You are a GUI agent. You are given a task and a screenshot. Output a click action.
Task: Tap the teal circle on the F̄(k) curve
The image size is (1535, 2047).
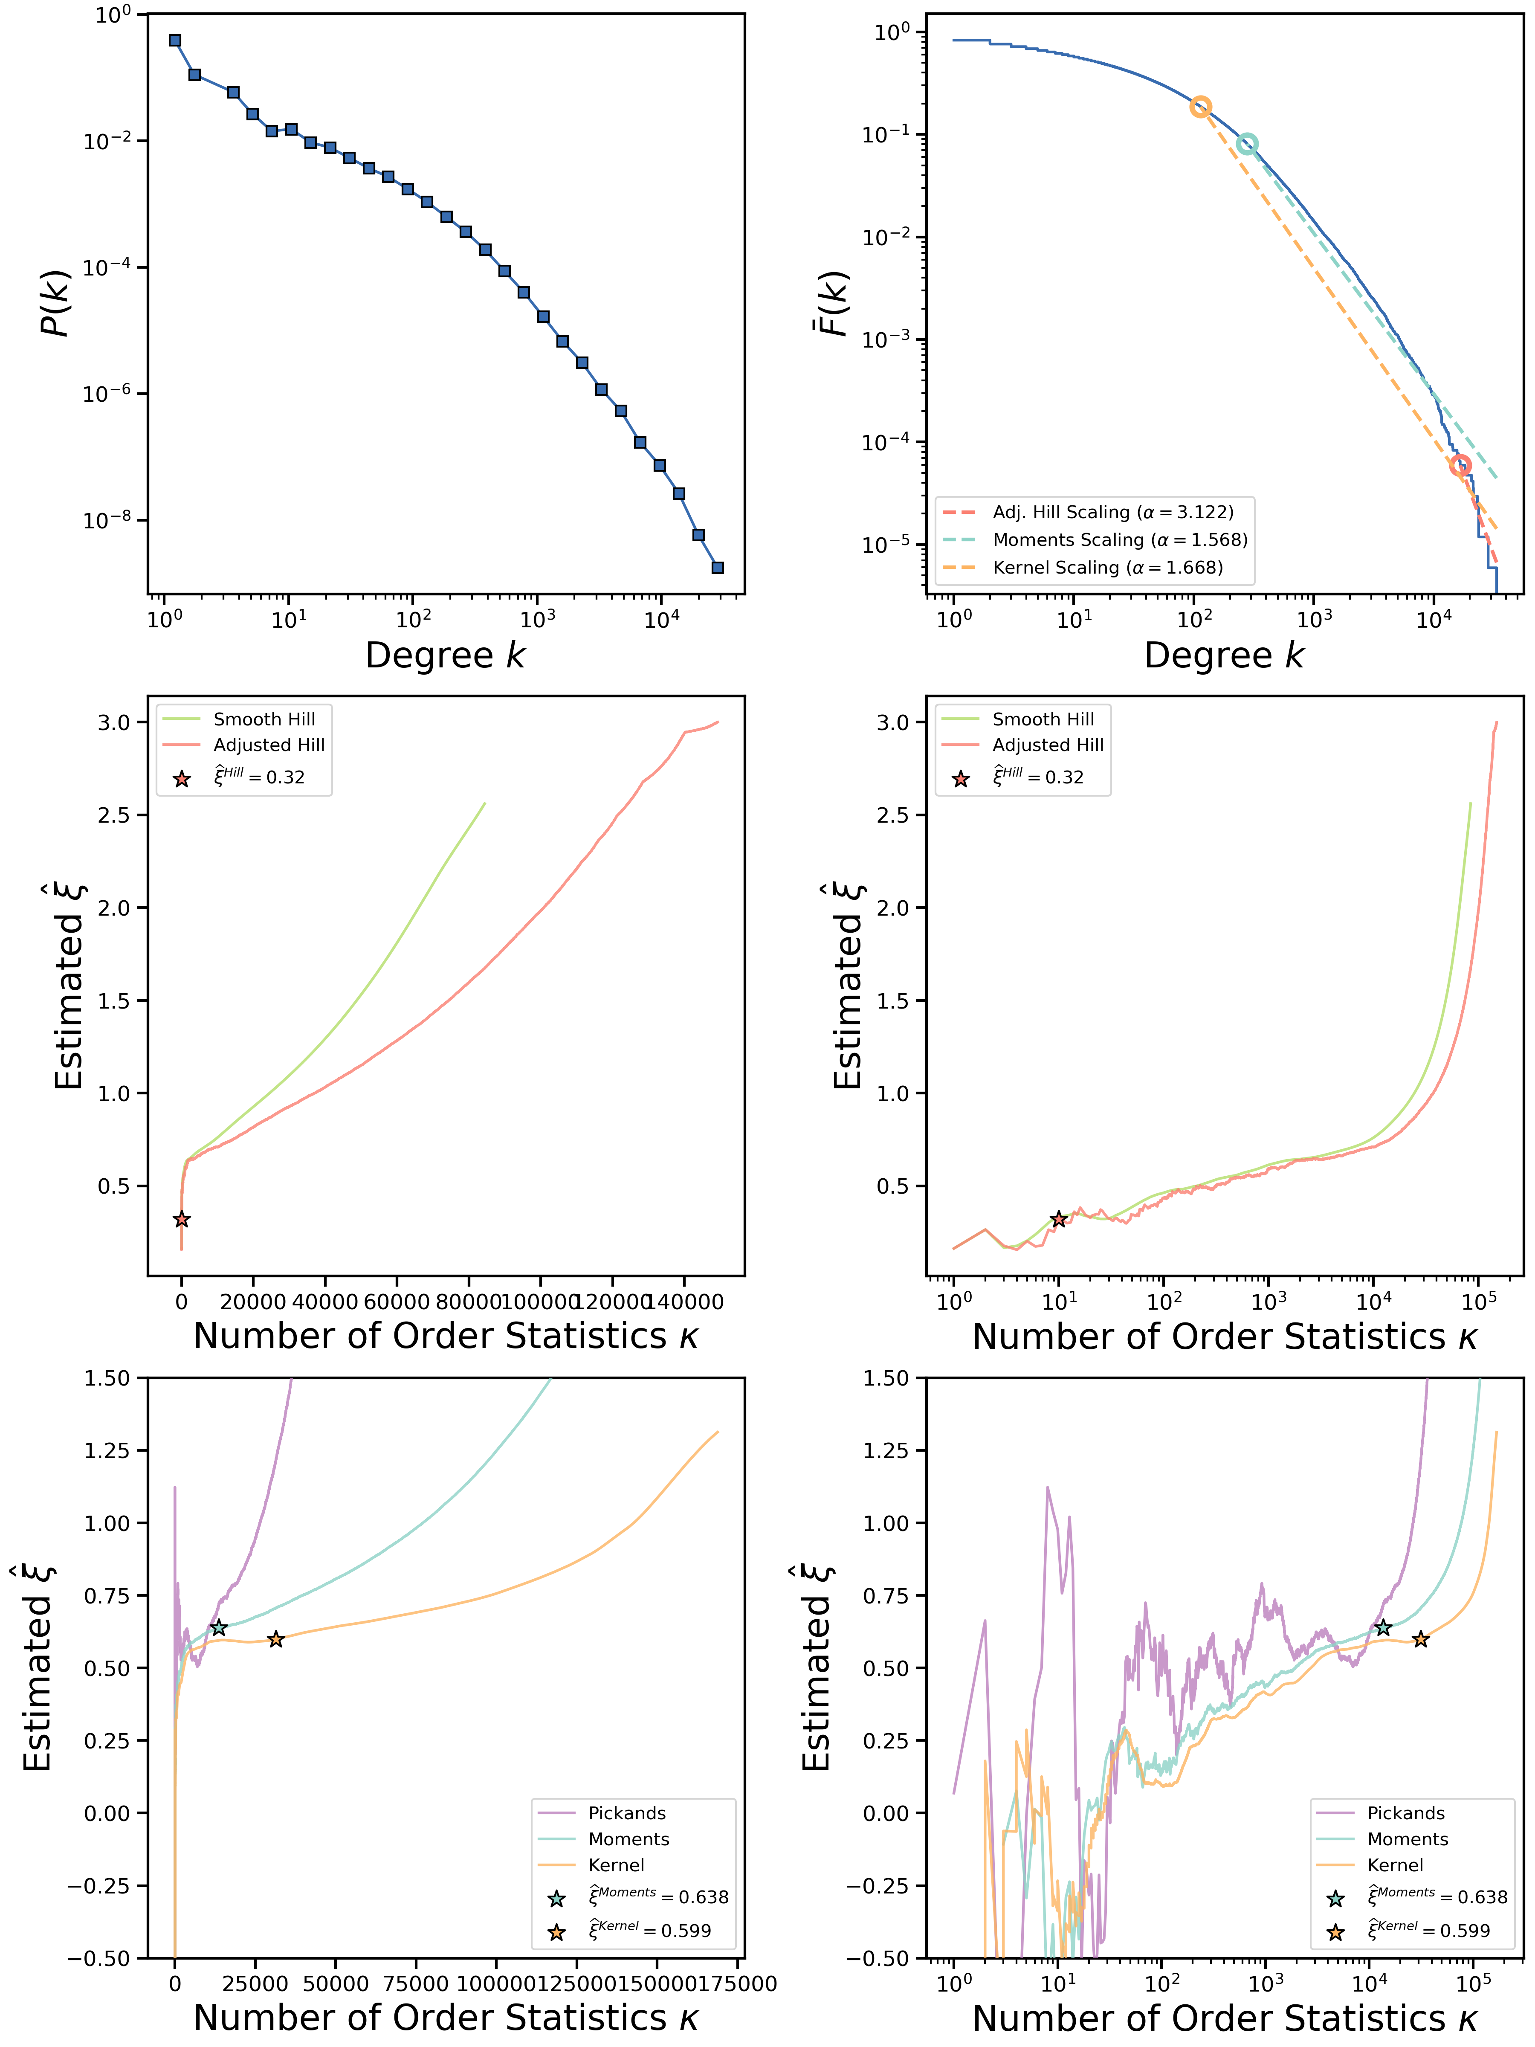(1247, 143)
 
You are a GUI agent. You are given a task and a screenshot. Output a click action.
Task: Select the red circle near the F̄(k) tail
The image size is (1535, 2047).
(1460, 466)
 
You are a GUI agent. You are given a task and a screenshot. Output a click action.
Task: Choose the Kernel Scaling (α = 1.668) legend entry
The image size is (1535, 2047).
(1106, 567)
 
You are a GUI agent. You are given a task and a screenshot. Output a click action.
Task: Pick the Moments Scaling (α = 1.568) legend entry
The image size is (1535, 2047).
(1120, 539)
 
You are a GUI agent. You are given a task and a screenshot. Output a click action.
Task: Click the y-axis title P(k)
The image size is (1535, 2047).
(55, 304)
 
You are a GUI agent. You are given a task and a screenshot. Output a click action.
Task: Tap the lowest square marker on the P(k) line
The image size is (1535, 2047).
(718, 567)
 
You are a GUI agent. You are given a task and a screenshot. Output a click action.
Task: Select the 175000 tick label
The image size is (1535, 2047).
(737, 1983)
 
